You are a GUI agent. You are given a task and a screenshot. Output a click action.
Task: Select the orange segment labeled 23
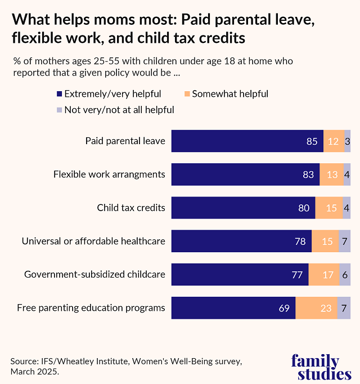click(316, 308)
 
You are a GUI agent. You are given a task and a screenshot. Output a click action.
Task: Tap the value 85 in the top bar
click(312, 141)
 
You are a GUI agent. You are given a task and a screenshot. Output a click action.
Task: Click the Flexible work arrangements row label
click(109, 174)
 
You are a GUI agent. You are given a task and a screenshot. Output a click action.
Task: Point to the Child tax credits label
click(131, 208)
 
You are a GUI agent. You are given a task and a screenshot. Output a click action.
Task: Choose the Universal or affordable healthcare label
click(93, 241)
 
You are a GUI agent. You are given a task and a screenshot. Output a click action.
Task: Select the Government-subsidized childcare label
click(94, 274)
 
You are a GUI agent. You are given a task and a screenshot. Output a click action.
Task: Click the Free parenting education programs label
click(91, 307)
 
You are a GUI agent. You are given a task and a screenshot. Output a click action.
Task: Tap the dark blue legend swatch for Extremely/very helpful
click(59, 94)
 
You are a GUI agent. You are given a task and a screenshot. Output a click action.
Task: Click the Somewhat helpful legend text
click(229, 94)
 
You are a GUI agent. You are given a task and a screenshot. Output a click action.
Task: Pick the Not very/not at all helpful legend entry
click(119, 110)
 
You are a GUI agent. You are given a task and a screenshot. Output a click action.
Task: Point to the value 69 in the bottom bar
click(284, 308)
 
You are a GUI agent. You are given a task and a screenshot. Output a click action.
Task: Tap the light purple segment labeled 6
click(345, 275)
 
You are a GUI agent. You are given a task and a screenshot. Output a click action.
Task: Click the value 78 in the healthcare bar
click(300, 242)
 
